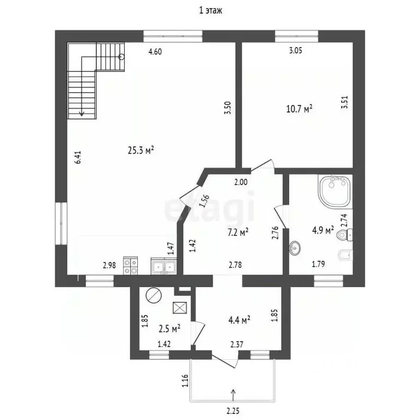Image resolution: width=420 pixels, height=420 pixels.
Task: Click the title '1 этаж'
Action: pyautogui.click(x=210, y=10)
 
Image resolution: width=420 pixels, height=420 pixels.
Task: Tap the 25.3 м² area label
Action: pyautogui.click(x=141, y=150)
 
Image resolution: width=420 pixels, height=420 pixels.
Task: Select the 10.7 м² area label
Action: pyautogui.click(x=300, y=109)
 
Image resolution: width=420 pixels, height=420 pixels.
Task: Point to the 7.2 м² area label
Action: pyautogui.click(x=238, y=232)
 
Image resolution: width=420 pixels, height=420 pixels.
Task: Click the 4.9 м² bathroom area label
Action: pyautogui.click(x=323, y=230)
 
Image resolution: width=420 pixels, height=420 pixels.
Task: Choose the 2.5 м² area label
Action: pyautogui.click(x=170, y=328)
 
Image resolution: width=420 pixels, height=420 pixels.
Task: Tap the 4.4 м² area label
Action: pyautogui.click(x=239, y=320)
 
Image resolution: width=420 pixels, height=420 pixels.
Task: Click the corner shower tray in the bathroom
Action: pyautogui.click(x=335, y=191)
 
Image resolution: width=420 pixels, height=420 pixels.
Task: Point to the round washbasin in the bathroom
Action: pyautogui.click(x=295, y=248)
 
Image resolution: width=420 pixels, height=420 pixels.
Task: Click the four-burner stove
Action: pyautogui.click(x=131, y=265)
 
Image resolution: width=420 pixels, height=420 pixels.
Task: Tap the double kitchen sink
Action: pyautogui.click(x=164, y=266)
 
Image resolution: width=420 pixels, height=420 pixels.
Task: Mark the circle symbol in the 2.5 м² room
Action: pyautogui.click(x=154, y=295)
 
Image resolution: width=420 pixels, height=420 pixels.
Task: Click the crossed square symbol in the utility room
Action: pyautogui.click(x=180, y=307)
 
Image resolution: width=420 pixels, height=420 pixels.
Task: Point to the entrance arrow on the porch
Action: pyautogui.click(x=234, y=395)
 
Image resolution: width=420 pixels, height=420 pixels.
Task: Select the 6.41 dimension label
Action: pyautogui.click(x=78, y=157)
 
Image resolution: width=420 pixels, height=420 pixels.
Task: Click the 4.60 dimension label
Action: pyautogui.click(x=155, y=51)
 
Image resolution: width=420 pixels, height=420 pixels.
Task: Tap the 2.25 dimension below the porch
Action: pyautogui.click(x=233, y=411)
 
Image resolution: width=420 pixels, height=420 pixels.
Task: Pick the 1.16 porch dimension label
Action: pyautogui.click(x=185, y=381)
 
